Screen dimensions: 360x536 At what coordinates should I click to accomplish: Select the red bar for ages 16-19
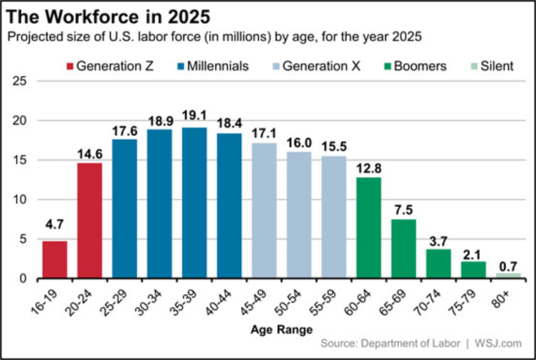pos(55,259)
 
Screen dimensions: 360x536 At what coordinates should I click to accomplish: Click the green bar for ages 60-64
pos(369,228)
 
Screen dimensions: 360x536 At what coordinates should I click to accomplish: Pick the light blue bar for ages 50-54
pos(299,215)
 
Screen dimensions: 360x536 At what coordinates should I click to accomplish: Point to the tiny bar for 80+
pos(509,276)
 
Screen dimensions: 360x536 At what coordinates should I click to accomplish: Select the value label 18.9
pos(159,120)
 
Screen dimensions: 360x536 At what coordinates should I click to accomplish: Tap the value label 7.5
pos(404,210)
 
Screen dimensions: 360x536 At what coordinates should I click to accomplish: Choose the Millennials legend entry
pos(214,67)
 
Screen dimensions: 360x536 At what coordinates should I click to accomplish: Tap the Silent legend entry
pos(493,67)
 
